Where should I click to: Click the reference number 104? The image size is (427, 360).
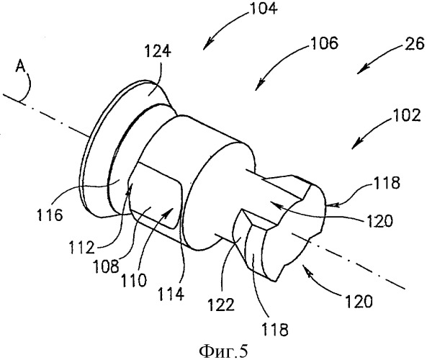coord(264,8)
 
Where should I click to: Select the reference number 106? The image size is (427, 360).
coord(325,43)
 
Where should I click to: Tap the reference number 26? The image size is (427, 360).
coord(415,44)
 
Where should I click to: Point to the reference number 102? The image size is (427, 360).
coord(406,116)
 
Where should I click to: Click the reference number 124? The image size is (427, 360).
coord(158,51)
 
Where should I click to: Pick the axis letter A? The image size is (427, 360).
coord(20,66)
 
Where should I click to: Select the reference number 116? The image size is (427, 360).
coord(50,215)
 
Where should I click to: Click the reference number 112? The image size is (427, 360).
coord(81,248)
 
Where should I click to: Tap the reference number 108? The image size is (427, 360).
coord(106,266)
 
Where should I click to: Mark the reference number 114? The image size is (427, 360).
coord(171,294)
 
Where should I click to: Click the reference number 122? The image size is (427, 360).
coord(221,305)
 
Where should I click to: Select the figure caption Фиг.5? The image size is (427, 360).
coord(224,351)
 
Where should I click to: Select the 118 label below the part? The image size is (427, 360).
coord(275,330)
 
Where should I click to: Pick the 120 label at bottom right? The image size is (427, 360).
coord(359,302)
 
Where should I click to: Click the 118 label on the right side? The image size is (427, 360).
coord(387,183)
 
